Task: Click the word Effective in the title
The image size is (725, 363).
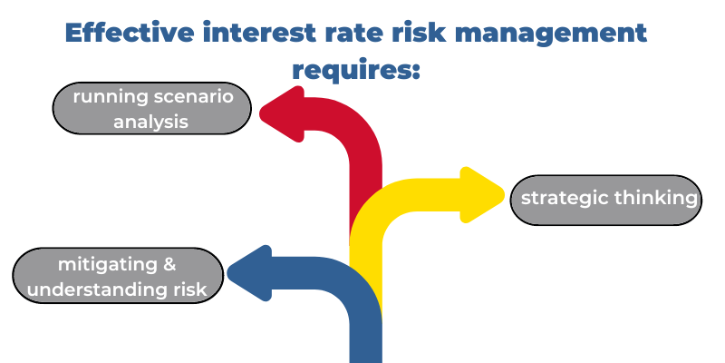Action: pos(130,33)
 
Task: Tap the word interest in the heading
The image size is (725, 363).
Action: pos(259,33)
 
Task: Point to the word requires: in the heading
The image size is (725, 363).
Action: pos(356,72)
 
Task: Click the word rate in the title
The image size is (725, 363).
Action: pos(353,34)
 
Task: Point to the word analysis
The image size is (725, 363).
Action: pos(150,123)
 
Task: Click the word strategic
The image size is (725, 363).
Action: pos(564,199)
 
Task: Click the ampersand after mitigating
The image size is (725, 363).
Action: pos(169,264)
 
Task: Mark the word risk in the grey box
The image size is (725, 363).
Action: pos(189,289)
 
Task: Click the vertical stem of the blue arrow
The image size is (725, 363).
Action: pos(366,338)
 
